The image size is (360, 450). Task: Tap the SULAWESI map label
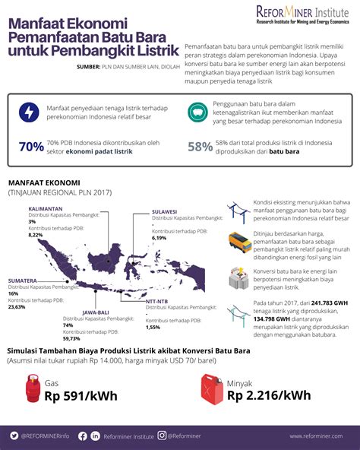tap(165, 211)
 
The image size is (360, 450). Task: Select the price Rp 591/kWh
tap(78, 396)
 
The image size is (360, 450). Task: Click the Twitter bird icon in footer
tap(14, 436)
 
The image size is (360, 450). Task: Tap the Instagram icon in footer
tap(162, 436)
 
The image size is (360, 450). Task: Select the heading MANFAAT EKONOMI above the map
tap(41, 183)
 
